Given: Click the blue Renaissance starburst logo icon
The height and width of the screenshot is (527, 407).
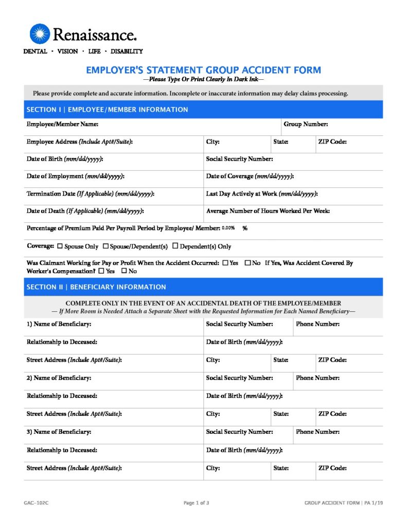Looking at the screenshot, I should [40, 34].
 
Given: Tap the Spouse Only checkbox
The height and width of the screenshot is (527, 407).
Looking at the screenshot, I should [60, 247].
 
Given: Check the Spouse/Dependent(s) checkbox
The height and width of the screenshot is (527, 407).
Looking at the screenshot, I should [106, 247].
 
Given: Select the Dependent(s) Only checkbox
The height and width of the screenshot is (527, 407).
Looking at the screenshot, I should [175, 247].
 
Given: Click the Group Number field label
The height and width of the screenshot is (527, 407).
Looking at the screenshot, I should [306, 124].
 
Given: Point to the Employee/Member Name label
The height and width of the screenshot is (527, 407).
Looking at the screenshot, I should [62, 124].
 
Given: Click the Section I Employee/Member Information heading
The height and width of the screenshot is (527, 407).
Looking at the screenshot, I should [107, 110].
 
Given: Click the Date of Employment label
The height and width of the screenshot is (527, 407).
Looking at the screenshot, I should [75, 177].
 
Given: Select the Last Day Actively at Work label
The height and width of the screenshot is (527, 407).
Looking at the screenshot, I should [261, 194].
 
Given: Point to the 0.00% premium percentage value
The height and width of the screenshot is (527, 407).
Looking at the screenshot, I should [228, 228].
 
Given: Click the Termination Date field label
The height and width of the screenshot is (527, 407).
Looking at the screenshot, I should [91, 194].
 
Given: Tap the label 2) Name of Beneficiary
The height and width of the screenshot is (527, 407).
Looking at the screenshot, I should [59, 378].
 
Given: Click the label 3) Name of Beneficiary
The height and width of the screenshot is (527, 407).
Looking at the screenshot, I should [59, 432].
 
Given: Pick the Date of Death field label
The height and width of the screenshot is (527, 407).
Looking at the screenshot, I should [85, 211].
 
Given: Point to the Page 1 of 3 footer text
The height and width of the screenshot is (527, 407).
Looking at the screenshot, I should [196, 503].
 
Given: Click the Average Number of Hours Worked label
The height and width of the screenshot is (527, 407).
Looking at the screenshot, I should [268, 211].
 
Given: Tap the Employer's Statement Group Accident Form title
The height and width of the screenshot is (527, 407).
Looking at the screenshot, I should [203, 70].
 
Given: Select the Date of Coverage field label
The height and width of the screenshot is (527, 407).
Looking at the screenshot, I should [250, 177].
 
